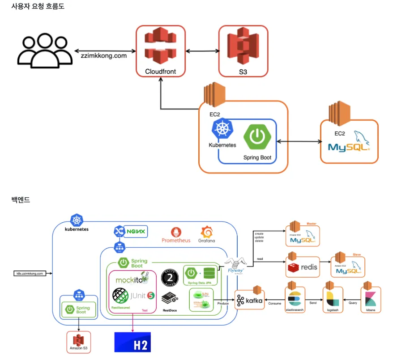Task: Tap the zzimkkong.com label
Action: pos(104,56)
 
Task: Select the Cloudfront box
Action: pos(161,50)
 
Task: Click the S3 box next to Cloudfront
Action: pos(243,51)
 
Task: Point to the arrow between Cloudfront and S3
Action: pos(202,51)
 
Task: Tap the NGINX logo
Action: pos(131,231)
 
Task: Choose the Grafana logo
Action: pos(207,235)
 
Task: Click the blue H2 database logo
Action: pos(133,342)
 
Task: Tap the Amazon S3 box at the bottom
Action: pos(78,342)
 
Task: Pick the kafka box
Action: pos(250,300)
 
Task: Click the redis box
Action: pos(303,267)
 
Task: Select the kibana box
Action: pos(371,300)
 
